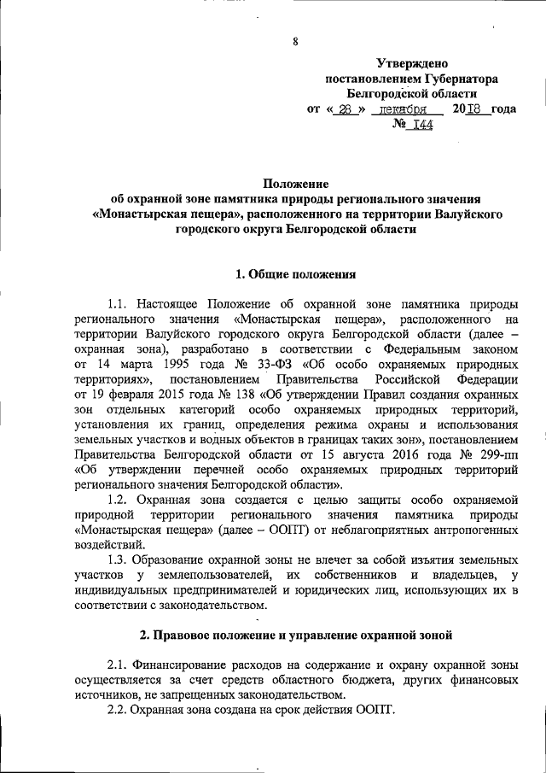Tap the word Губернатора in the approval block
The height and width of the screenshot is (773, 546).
click(x=458, y=79)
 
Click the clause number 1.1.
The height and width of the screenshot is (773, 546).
click(x=120, y=304)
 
